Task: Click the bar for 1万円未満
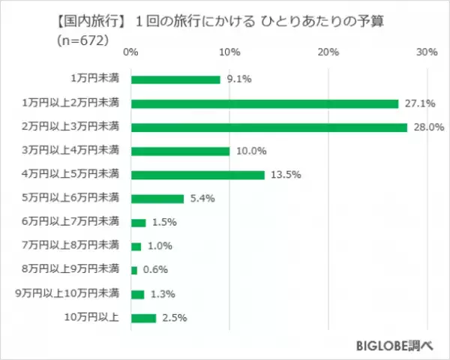tap(175, 79)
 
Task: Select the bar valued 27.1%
tap(264, 103)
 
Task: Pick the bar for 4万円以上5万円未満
tap(197, 175)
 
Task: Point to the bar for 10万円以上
tap(143, 318)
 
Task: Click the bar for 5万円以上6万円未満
tap(157, 199)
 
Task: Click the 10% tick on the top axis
tap(229, 52)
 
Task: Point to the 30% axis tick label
tap(427, 52)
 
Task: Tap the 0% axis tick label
tap(130, 52)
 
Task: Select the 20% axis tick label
tap(328, 52)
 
